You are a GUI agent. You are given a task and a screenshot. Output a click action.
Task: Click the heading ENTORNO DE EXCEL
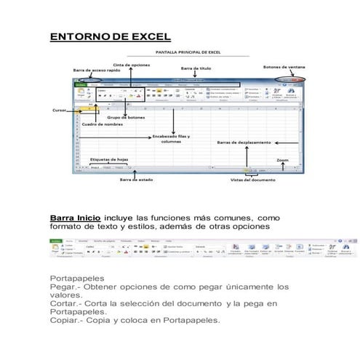tap(110, 36)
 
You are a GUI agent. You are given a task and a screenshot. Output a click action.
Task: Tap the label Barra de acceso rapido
tap(96, 70)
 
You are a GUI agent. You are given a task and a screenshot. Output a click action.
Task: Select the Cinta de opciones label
tap(131, 64)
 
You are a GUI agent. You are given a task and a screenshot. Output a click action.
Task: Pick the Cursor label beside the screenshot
tap(60, 111)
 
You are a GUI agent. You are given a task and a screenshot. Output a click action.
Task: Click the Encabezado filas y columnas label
tap(172, 139)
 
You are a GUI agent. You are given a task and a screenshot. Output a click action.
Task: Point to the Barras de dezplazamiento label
tap(244, 143)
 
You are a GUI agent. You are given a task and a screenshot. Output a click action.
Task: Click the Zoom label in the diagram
tap(284, 158)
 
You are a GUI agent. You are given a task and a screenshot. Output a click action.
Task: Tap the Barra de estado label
tap(135, 180)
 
